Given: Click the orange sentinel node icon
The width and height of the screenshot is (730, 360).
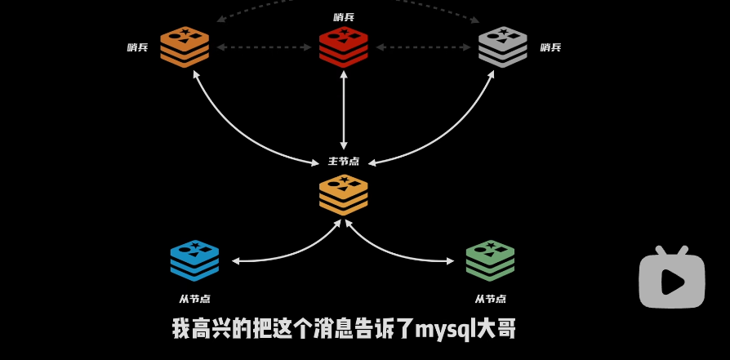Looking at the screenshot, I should pyautogui.click(x=185, y=47).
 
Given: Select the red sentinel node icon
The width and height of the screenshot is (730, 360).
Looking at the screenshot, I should pyautogui.click(x=343, y=47).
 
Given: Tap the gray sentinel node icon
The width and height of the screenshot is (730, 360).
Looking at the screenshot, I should pyautogui.click(x=502, y=47).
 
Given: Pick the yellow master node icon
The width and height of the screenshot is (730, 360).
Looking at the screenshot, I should pyautogui.click(x=343, y=194).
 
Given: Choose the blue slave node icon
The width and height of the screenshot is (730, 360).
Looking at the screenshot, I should pyautogui.click(x=194, y=260).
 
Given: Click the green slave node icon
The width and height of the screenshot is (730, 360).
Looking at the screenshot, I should pyautogui.click(x=490, y=260).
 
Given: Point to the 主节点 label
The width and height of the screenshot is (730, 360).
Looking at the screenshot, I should pyautogui.click(x=344, y=161).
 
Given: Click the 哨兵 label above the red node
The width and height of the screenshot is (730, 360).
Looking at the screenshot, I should pyautogui.click(x=344, y=17).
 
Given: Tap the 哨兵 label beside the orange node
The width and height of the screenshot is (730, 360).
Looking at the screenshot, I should pyautogui.click(x=137, y=47).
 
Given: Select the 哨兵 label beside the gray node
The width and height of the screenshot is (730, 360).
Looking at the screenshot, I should pyautogui.click(x=550, y=47).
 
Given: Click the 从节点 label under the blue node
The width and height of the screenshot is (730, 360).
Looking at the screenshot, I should pyautogui.click(x=194, y=299).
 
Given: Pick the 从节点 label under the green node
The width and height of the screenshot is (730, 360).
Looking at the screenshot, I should pyautogui.click(x=491, y=299).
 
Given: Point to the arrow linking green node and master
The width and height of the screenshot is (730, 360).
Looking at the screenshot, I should pyautogui.click(x=392, y=253).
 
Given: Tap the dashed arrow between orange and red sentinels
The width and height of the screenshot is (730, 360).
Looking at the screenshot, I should pyautogui.click(x=264, y=47).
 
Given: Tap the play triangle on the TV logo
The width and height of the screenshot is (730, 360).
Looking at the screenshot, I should pyautogui.click(x=673, y=282).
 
